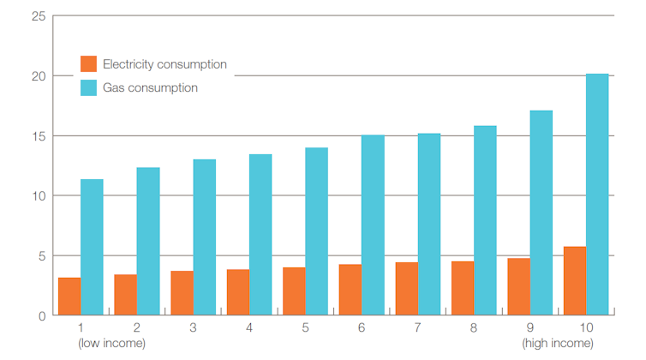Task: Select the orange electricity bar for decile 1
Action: tap(69, 297)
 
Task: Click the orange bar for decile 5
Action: tap(294, 291)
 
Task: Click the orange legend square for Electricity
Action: tap(88, 64)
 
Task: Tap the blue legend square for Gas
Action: tap(88, 87)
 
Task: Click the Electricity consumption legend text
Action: tap(164, 64)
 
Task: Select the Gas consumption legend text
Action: tap(150, 87)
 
